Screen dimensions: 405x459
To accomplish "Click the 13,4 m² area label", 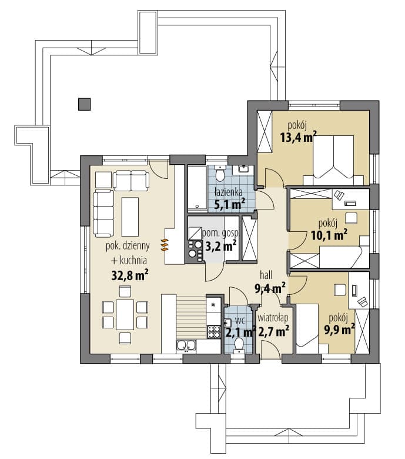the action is pos(299,137).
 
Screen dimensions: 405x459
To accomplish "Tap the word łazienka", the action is pos(229,192).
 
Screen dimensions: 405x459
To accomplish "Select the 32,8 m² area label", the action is pos(130,275).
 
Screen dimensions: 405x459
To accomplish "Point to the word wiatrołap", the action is pos(273,318).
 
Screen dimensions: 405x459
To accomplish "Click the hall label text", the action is pos(266,275).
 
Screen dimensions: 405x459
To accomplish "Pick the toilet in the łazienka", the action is pos(219,173).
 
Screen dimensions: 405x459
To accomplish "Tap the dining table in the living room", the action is pos(125,315).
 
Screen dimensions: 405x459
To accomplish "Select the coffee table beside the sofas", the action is pos(130,217).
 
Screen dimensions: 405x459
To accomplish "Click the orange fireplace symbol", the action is pos(165,245).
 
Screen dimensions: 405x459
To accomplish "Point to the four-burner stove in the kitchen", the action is pos(214,332).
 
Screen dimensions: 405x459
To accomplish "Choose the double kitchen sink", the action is pos(186,346).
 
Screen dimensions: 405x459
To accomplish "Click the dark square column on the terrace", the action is pos(84,104).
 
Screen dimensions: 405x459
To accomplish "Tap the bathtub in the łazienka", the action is pos(198,189).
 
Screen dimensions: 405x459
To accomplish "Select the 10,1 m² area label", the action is pos(329,235).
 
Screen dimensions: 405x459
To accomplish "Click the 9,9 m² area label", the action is pos(339,330).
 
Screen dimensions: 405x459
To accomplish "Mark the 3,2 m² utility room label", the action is pos(221,246).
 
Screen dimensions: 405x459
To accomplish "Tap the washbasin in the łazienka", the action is pos(243,169).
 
